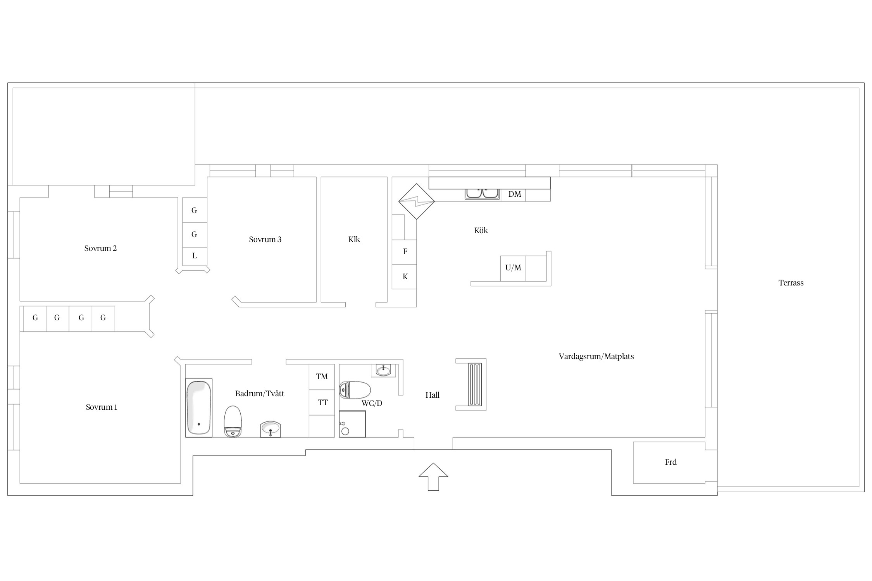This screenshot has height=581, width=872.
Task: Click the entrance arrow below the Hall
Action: click(433, 476)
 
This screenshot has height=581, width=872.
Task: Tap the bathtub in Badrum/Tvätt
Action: click(199, 407)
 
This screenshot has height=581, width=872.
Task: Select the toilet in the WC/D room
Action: click(355, 390)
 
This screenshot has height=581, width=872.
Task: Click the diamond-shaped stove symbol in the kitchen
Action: click(417, 201)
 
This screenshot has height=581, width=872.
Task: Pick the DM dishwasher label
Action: click(515, 194)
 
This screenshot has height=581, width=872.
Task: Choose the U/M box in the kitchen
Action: click(513, 268)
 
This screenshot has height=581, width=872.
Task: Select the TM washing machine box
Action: click(322, 377)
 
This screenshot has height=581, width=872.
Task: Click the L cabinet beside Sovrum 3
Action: click(195, 256)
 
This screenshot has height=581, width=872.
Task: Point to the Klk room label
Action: click(354, 239)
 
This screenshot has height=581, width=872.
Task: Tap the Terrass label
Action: click(791, 283)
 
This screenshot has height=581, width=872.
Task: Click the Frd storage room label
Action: click(671, 462)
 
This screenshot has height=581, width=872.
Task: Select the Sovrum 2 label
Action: click(100, 248)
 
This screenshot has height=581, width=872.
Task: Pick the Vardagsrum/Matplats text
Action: click(596, 356)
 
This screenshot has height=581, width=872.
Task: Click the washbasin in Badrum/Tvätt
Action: click(270, 429)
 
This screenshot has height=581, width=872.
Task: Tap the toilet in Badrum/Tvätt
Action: click(233, 421)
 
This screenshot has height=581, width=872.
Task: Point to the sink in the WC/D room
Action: click(383, 370)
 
